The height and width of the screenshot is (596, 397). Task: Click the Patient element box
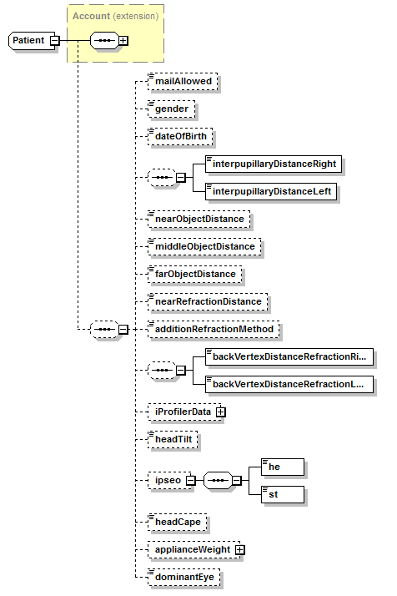28,40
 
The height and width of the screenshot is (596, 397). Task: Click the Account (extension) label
115,16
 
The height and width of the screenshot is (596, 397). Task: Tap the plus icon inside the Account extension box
123,40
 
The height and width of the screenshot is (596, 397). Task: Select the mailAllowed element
183,82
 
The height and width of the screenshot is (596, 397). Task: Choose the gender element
170,109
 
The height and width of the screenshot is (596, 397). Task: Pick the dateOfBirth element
179,135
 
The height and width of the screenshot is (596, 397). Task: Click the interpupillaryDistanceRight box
275,164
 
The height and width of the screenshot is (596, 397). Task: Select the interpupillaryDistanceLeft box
272,191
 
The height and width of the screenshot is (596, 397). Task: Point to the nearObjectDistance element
198,219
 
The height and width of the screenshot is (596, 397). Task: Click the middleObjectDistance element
204,246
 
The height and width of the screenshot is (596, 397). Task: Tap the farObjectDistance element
194,273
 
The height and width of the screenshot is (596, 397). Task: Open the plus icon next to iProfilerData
220,412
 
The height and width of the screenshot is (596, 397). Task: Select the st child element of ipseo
281,494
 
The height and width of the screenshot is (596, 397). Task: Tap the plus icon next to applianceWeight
239,549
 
